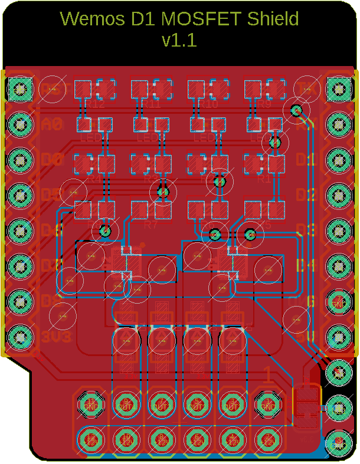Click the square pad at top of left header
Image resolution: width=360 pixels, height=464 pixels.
point(21,90)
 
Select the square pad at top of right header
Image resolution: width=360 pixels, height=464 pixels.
point(338,90)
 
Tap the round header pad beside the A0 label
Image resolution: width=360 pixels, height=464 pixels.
point(21,124)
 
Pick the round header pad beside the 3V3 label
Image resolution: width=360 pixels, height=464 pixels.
point(21,338)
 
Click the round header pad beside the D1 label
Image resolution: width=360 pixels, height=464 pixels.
point(338,160)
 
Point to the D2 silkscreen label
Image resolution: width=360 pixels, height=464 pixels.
point(306,195)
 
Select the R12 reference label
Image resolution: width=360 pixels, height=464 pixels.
point(94,105)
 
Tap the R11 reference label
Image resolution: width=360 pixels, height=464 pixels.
point(151,105)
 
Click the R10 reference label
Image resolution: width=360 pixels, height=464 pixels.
point(208,105)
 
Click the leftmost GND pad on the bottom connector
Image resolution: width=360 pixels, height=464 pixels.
point(91,404)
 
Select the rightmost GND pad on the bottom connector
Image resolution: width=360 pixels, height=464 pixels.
point(268,404)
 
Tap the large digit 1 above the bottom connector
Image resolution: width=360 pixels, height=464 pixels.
point(267,375)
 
